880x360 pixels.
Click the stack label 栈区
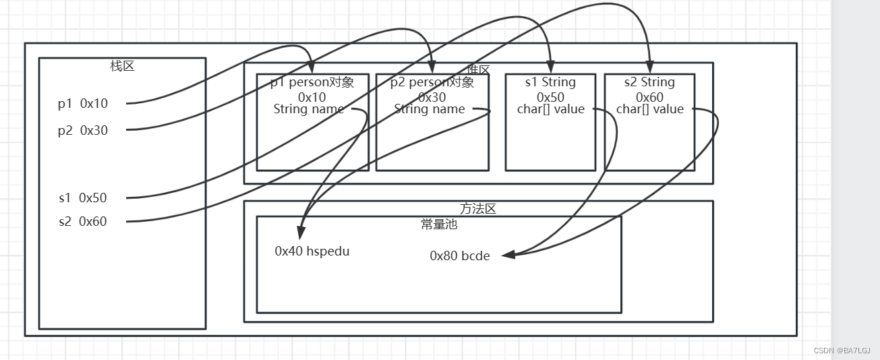(x=123, y=66)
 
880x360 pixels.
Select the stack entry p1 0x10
(x=83, y=104)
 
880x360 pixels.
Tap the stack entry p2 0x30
(x=83, y=131)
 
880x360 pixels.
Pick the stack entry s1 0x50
(x=82, y=198)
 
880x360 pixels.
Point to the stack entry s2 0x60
(x=82, y=222)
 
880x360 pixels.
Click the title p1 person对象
(x=312, y=82)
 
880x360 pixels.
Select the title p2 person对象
(x=432, y=82)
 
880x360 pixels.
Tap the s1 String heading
(x=550, y=82)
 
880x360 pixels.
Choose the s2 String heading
(x=649, y=82)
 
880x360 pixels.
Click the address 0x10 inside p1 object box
(x=312, y=97)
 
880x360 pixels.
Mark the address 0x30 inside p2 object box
(x=432, y=97)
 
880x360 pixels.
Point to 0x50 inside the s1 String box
(x=550, y=97)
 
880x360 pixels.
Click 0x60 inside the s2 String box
(x=649, y=97)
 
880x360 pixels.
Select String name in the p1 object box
(x=309, y=109)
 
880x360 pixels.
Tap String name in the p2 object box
(x=430, y=109)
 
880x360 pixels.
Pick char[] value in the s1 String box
(x=551, y=109)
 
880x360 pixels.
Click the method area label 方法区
(x=478, y=209)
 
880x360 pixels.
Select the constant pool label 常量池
(x=439, y=224)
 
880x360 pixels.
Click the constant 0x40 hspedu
(x=312, y=251)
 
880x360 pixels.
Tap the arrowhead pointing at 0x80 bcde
(x=508, y=255)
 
